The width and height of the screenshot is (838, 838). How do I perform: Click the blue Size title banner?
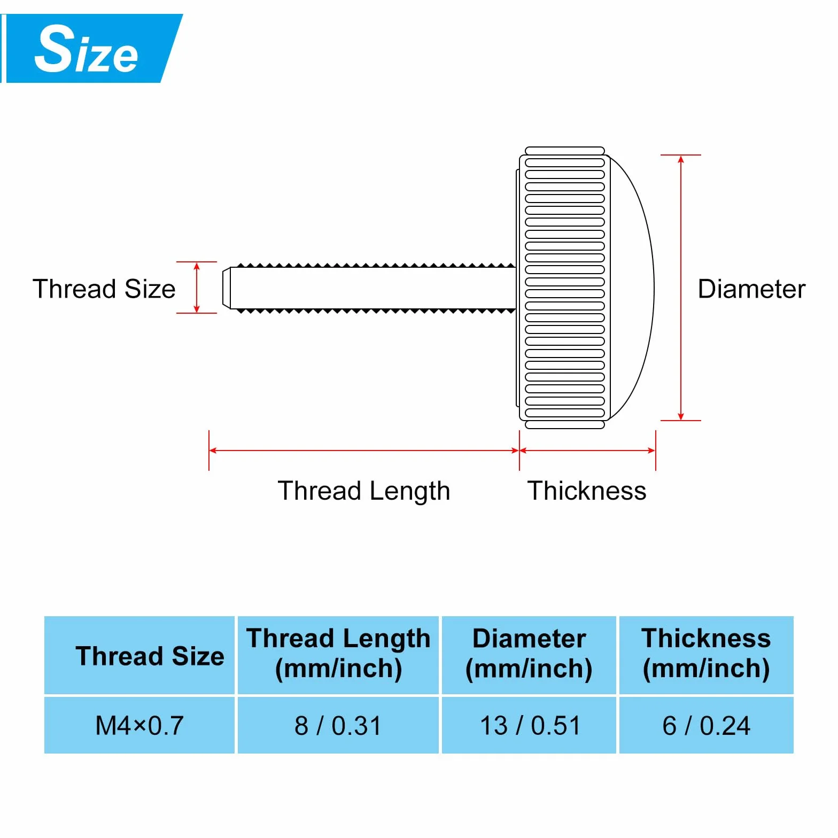click(x=91, y=49)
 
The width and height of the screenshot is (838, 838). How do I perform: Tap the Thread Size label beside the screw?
click(x=104, y=289)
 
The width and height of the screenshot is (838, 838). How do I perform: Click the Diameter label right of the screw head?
click(x=751, y=289)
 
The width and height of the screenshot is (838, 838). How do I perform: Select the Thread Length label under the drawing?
click(x=364, y=491)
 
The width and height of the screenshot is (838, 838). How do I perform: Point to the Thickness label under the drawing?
click(x=587, y=491)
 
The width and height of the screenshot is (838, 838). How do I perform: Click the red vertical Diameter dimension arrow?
click(x=681, y=288)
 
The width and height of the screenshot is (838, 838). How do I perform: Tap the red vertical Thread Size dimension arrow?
click(x=197, y=288)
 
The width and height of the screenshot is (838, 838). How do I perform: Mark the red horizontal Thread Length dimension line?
click(x=364, y=451)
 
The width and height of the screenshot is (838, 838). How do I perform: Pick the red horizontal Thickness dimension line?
click(x=587, y=451)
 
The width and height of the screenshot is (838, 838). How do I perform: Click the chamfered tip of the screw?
click(x=227, y=288)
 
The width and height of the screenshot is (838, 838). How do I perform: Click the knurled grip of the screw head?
click(x=564, y=288)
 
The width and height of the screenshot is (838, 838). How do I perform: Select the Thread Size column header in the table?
click(x=150, y=656)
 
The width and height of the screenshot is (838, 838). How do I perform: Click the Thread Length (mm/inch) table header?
click(x=338, y=654)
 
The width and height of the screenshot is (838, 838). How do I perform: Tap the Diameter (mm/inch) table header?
click(x=529, y=654)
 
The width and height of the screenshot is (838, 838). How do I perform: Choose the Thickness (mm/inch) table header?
click(x=707, y=654)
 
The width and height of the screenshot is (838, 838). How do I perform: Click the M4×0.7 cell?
click(x=139, y=726)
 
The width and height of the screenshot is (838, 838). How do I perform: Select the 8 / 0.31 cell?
click(x=338, y=726)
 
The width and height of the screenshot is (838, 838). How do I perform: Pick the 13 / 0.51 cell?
click(x=530, y=726)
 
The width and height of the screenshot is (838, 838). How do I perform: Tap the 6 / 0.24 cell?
click(x=707, y=726)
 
